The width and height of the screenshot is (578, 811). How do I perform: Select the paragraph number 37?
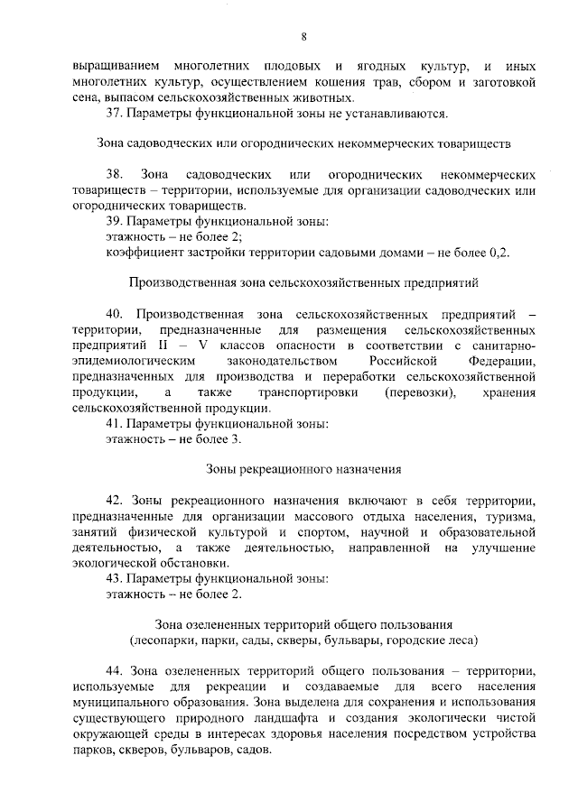tap(114, 113)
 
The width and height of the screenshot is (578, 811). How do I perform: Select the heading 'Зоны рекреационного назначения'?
tap(303, 469)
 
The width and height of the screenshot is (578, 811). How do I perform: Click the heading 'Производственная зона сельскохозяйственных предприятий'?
tap(303, 282)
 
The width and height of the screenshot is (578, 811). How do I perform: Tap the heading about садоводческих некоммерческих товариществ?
tap(303, 143)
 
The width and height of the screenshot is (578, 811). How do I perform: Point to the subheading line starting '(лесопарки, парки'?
tap(303, 641)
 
